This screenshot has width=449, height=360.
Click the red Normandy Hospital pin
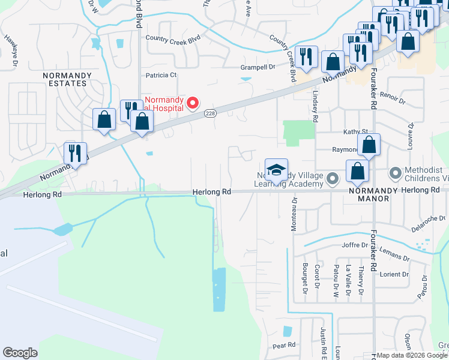click(x=193, y=103)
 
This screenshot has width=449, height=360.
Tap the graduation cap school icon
click(x=276, y=170)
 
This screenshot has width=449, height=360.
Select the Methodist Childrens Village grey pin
click(x=395, y=174)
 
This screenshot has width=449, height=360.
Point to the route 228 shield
click(x=209, y=113)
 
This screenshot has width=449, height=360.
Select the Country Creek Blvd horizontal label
click(x=173, y=38)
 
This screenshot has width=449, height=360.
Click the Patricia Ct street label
click(x=161, y=76)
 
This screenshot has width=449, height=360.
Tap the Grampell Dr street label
click(x=258, y=67)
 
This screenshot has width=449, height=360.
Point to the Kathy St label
click(x=355, y=131)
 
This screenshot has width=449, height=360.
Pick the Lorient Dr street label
click(x=394, y=274)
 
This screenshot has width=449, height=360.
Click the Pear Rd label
click(x=284, y=346)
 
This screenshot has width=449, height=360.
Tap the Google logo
click(x=20, y=353)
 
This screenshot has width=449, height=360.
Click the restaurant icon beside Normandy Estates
click(x=76, y=154)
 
